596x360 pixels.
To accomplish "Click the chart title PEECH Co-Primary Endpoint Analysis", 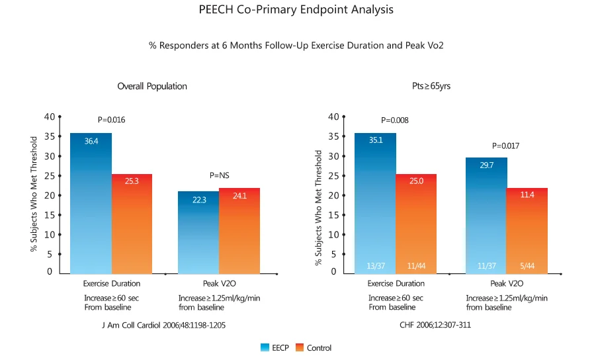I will click(x=296, y=10).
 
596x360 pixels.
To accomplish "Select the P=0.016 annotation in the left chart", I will click(x=111, y=120).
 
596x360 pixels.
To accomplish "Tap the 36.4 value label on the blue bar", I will click(x=91, y=141).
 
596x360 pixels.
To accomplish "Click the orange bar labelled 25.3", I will click(x=132, y=225).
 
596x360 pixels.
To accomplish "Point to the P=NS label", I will click(x=218, y=175).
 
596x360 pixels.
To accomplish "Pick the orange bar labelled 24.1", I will click(x=239, y=232).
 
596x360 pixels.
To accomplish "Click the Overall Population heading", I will click(x=152, y=86).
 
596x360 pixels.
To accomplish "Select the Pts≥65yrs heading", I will click(x=431, y=86).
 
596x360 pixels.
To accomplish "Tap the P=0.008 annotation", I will click(x=395, y=120).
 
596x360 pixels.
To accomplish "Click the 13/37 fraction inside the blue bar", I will click(x=375, y=266).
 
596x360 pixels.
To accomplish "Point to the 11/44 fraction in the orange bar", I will click(x=416, y=266).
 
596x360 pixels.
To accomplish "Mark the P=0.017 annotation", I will click(x=506, y=146).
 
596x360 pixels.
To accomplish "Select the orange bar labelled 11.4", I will click(x=527, y=232).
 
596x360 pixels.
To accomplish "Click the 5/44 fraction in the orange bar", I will click(x=527, y=266).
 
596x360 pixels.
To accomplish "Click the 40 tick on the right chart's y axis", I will click(x=333, y=117).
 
